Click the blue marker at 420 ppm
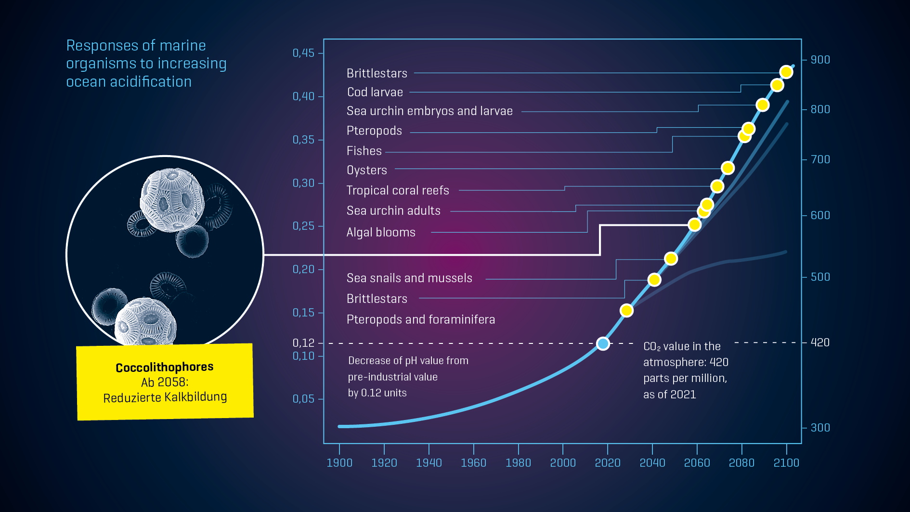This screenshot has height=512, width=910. pyautogui.click(x=603, y=343)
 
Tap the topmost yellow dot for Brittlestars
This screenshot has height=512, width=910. pyautogui.click(x=786, y=72)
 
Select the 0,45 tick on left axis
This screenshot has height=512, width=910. pyautogui.click(x=304, y=53)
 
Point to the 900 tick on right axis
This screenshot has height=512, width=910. pyautogui.click(x=820, y=60)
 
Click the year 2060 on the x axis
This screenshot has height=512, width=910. pyautogui.click(x=697, y=463)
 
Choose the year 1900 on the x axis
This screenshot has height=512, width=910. pyautogui.click(x=339, y=463)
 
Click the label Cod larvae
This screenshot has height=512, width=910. pyautogui.click(x=375, y=92)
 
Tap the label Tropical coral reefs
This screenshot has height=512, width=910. pyautogui.click(x=398, y=190)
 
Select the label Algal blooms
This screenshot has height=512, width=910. pyautogui.click(x=381, y=232)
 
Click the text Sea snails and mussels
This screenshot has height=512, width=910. pyautogui.click(x=409, y=278)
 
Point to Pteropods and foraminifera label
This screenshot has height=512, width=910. pyautogui.click(x=420, y=319)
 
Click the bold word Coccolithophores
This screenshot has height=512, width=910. pyautogui.click(x=164, y=367)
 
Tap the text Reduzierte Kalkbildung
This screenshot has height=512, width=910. pyautogui.click(x=165, y=397)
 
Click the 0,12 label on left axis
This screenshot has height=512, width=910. pyautogui.click(x=303, y=343)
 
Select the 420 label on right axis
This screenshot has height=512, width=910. pyautogui.click(x=820, y=342)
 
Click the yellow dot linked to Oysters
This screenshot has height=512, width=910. pyautogui.click(x=728, y=168)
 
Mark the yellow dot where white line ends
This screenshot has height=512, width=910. pyautogui.click(x=694, y=225)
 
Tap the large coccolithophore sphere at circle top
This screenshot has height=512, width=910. pyautogui.click(x=172, y=200)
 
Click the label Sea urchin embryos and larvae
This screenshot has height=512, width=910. pyautogui.click(x=429, y=111)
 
